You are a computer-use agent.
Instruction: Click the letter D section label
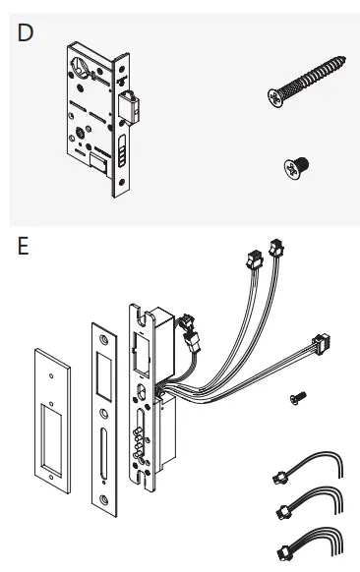pyautogui.click(x=27, y=31)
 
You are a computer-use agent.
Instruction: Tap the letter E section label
pyautogui.click(x=24, y=245)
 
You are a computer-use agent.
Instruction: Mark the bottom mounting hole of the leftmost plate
pyautogui.click(x=50, y=478)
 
